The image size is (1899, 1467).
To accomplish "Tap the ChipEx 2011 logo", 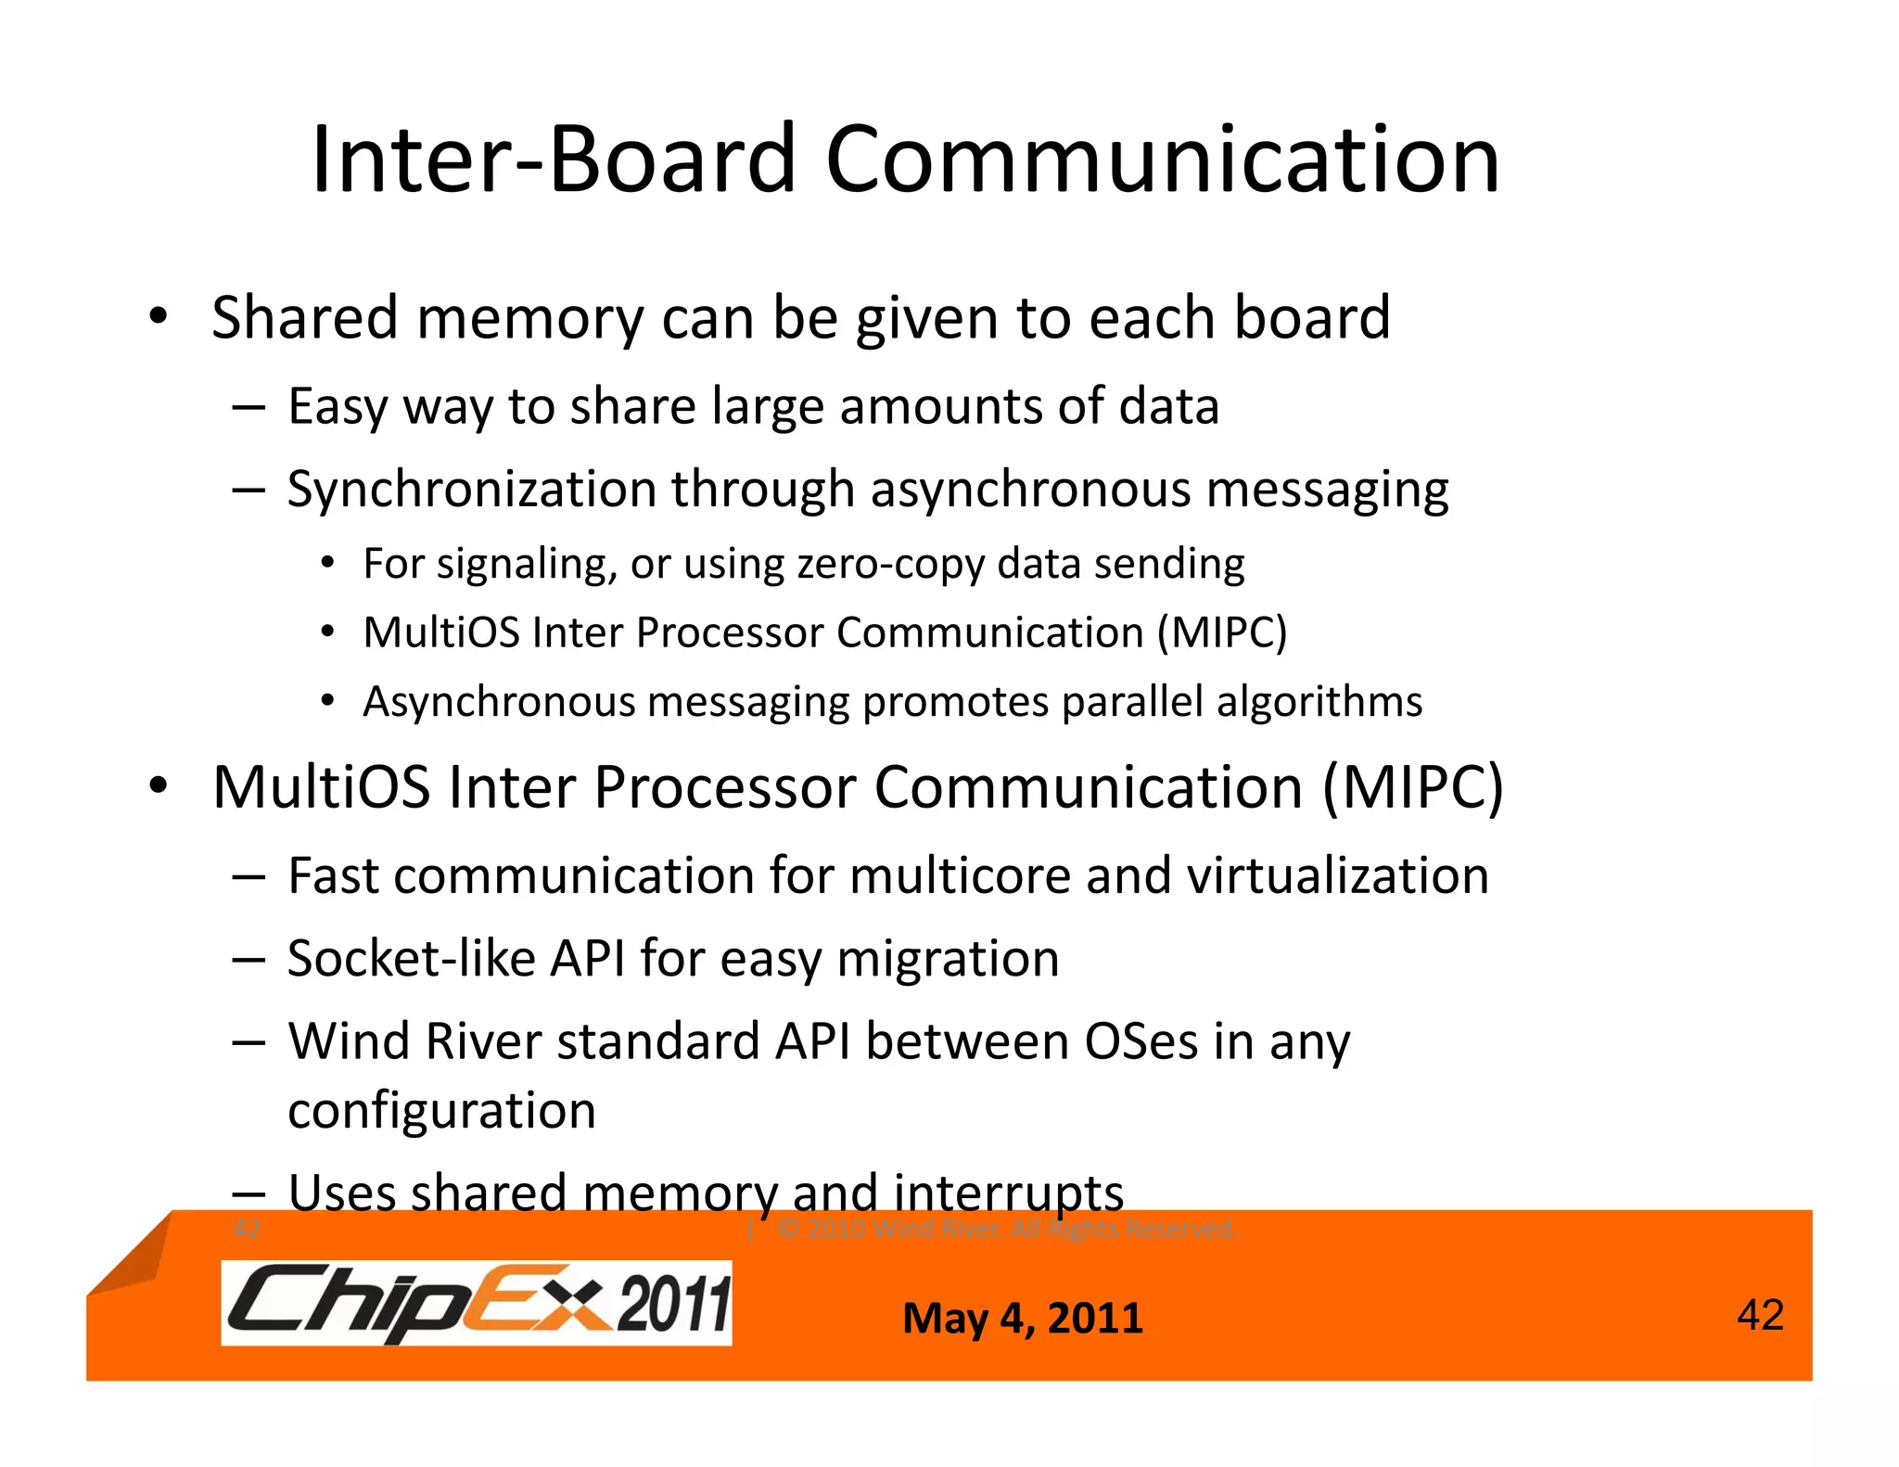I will click(477, 1303).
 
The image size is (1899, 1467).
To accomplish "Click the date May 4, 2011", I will click(1023, 1318).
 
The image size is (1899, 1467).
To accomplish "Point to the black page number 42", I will click(1760, 1315).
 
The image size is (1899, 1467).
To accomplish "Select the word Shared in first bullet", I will click(305, 317).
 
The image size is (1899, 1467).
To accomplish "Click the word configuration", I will click(441, 1111).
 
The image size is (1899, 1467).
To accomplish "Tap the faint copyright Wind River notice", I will click(1007, 1230).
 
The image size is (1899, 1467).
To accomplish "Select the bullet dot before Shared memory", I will click(159, 316).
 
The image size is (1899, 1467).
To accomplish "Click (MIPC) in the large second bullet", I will click(1411, 788).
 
